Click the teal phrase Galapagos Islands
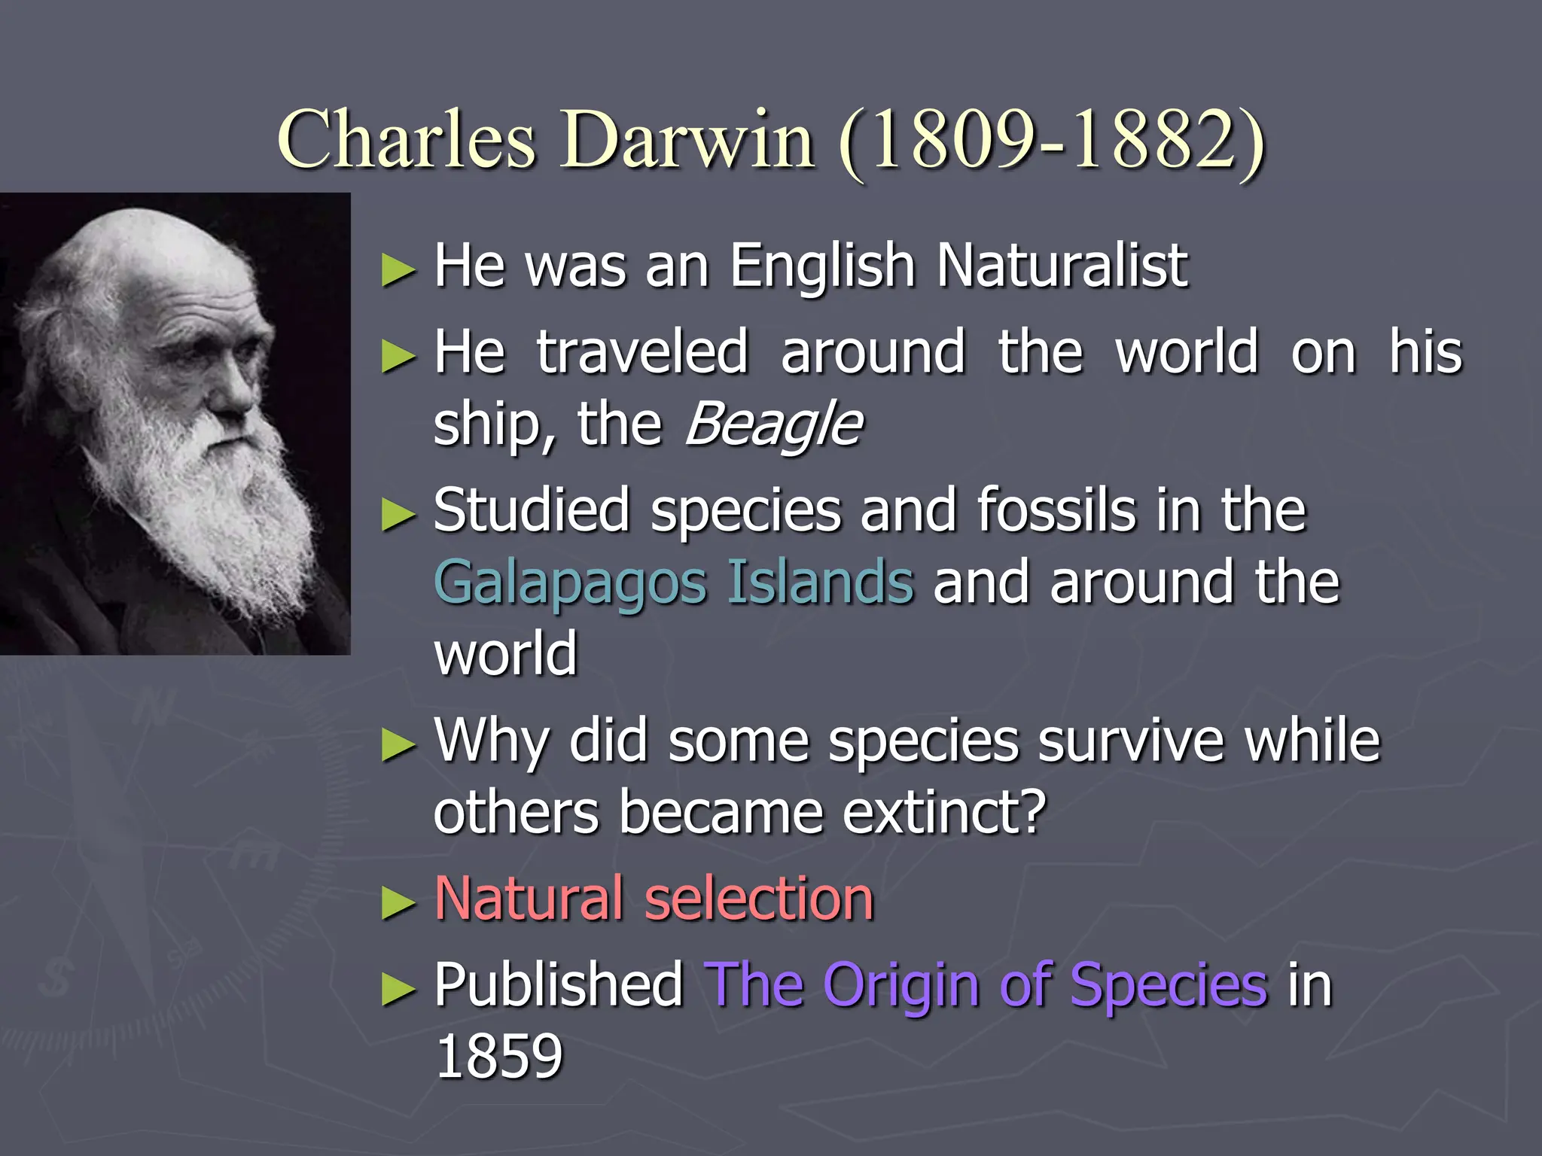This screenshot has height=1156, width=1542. pyautogui.click(x=674, y=583)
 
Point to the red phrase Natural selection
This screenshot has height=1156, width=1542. pyautogui.click(x=654, y=899)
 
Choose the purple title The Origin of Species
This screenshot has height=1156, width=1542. pyautogui.click(x=986, y=984)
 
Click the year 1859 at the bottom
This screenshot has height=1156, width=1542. pyautogui.click(x=499, y=1056)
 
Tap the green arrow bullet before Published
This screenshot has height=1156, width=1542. pyautogui.click(x=398, y=988)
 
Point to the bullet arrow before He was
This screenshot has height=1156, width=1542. pyautogui.click(x=398, y=269)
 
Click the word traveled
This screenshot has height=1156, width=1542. pyautogui.click(x=642, y=352)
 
